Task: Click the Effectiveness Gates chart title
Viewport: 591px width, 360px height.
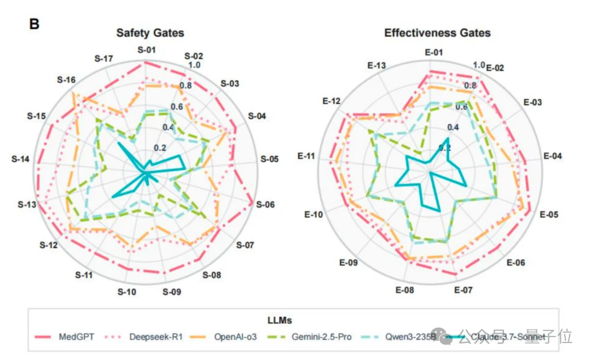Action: [x=437, y=33]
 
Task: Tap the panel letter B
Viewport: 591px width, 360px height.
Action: [x=34, y=24]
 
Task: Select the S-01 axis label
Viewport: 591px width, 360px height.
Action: [x=146, y=50]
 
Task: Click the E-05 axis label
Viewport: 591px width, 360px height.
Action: [x=548, y=214]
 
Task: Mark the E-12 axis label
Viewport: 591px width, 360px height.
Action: [x=331, y=101]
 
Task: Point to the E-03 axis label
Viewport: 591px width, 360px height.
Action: [x=532, y=102]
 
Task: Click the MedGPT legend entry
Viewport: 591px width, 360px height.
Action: [x=76, y=336]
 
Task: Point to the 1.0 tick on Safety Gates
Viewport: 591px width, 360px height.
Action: [x=194, y=66]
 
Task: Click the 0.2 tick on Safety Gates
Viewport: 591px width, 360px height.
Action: [x=160, y=148]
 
